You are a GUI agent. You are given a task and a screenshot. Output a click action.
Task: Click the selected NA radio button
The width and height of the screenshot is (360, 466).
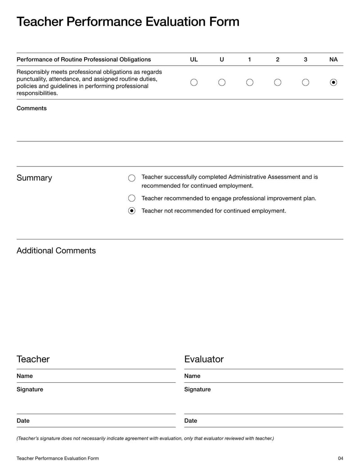click(333, 82)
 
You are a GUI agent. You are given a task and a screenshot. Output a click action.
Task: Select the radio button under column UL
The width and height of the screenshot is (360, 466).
click(194, 82)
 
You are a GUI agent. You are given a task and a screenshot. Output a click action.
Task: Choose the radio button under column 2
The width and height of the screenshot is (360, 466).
click(278, 82)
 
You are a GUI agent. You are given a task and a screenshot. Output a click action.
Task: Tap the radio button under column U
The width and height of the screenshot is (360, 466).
click(222, 82)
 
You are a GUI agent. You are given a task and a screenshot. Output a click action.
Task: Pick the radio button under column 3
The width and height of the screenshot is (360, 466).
click(306, 82)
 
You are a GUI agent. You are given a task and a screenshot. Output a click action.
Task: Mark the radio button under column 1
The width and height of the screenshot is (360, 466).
click(250, 82)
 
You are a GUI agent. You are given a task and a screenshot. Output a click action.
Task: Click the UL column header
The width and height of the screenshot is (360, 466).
click(194, 59)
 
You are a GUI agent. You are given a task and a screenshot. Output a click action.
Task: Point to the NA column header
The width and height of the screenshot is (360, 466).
click(333, 59)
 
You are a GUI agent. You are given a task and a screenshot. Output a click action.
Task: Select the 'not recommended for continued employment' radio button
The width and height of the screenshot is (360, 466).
click(132, 211)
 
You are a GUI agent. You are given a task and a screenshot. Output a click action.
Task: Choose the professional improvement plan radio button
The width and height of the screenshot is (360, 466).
click(132, 198)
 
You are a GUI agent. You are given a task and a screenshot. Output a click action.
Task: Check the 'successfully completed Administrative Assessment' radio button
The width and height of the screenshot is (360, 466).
click(132, 178)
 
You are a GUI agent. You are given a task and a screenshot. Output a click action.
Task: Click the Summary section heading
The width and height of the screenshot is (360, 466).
click(34, 178)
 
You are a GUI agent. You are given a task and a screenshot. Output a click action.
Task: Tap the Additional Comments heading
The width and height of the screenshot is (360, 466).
click(56, 251)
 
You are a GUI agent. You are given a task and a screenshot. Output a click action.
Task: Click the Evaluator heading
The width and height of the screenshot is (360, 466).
click(204, 359)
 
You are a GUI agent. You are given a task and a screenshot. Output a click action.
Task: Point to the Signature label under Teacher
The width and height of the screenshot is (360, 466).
click(30, 389)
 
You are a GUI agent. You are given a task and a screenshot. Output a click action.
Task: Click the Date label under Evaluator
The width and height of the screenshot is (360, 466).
click(191, 421)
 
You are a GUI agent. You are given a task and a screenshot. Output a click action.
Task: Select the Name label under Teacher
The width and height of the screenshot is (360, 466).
click(25, 376)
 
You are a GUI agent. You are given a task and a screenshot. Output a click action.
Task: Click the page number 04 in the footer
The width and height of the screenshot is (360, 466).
click(340, 458)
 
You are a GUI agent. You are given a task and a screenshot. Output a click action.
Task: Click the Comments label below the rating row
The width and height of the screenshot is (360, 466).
click(31, 109)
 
